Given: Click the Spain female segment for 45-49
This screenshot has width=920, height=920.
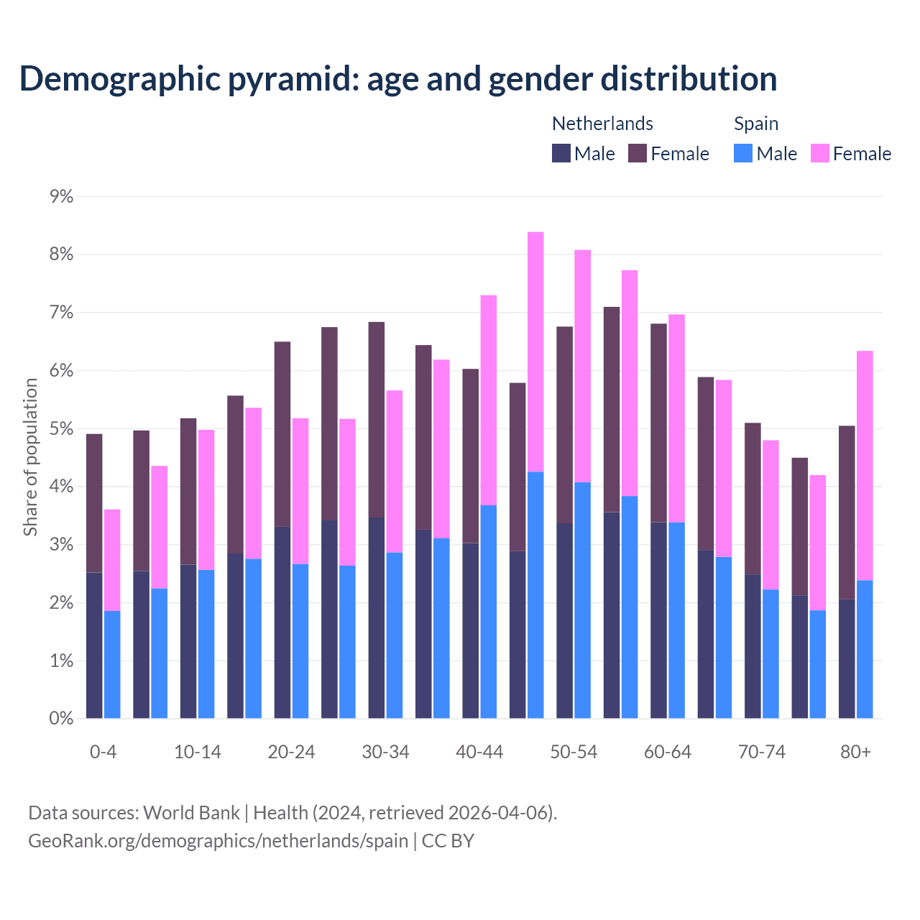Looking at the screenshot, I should pos(535,351).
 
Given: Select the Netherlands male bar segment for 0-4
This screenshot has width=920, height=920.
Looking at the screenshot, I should pos(94,645).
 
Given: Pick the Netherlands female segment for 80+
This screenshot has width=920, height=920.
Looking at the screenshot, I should pos(847,512).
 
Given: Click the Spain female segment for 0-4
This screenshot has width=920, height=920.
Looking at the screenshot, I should pos(112,560).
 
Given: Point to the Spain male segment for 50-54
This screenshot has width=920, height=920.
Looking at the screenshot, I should pos(582,600).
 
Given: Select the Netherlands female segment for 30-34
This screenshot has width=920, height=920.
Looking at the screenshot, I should pos(376,419).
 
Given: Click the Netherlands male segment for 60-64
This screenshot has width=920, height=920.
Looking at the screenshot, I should pos(658,620).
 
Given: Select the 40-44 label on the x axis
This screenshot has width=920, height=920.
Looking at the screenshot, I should pos(479,752).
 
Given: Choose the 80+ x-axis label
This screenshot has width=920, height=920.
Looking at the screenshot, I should pos(855,752).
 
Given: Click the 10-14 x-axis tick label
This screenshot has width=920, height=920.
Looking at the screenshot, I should pos(198,752).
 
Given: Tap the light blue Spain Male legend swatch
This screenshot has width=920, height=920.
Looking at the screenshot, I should pos(743,153).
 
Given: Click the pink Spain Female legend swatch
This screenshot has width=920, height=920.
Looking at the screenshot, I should pos(819,153).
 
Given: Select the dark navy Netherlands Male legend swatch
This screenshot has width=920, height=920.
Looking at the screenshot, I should pos(561,153).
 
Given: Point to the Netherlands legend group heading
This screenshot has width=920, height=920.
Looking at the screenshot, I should pos(602,124).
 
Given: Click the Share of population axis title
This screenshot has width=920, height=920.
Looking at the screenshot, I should pos(30,457).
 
